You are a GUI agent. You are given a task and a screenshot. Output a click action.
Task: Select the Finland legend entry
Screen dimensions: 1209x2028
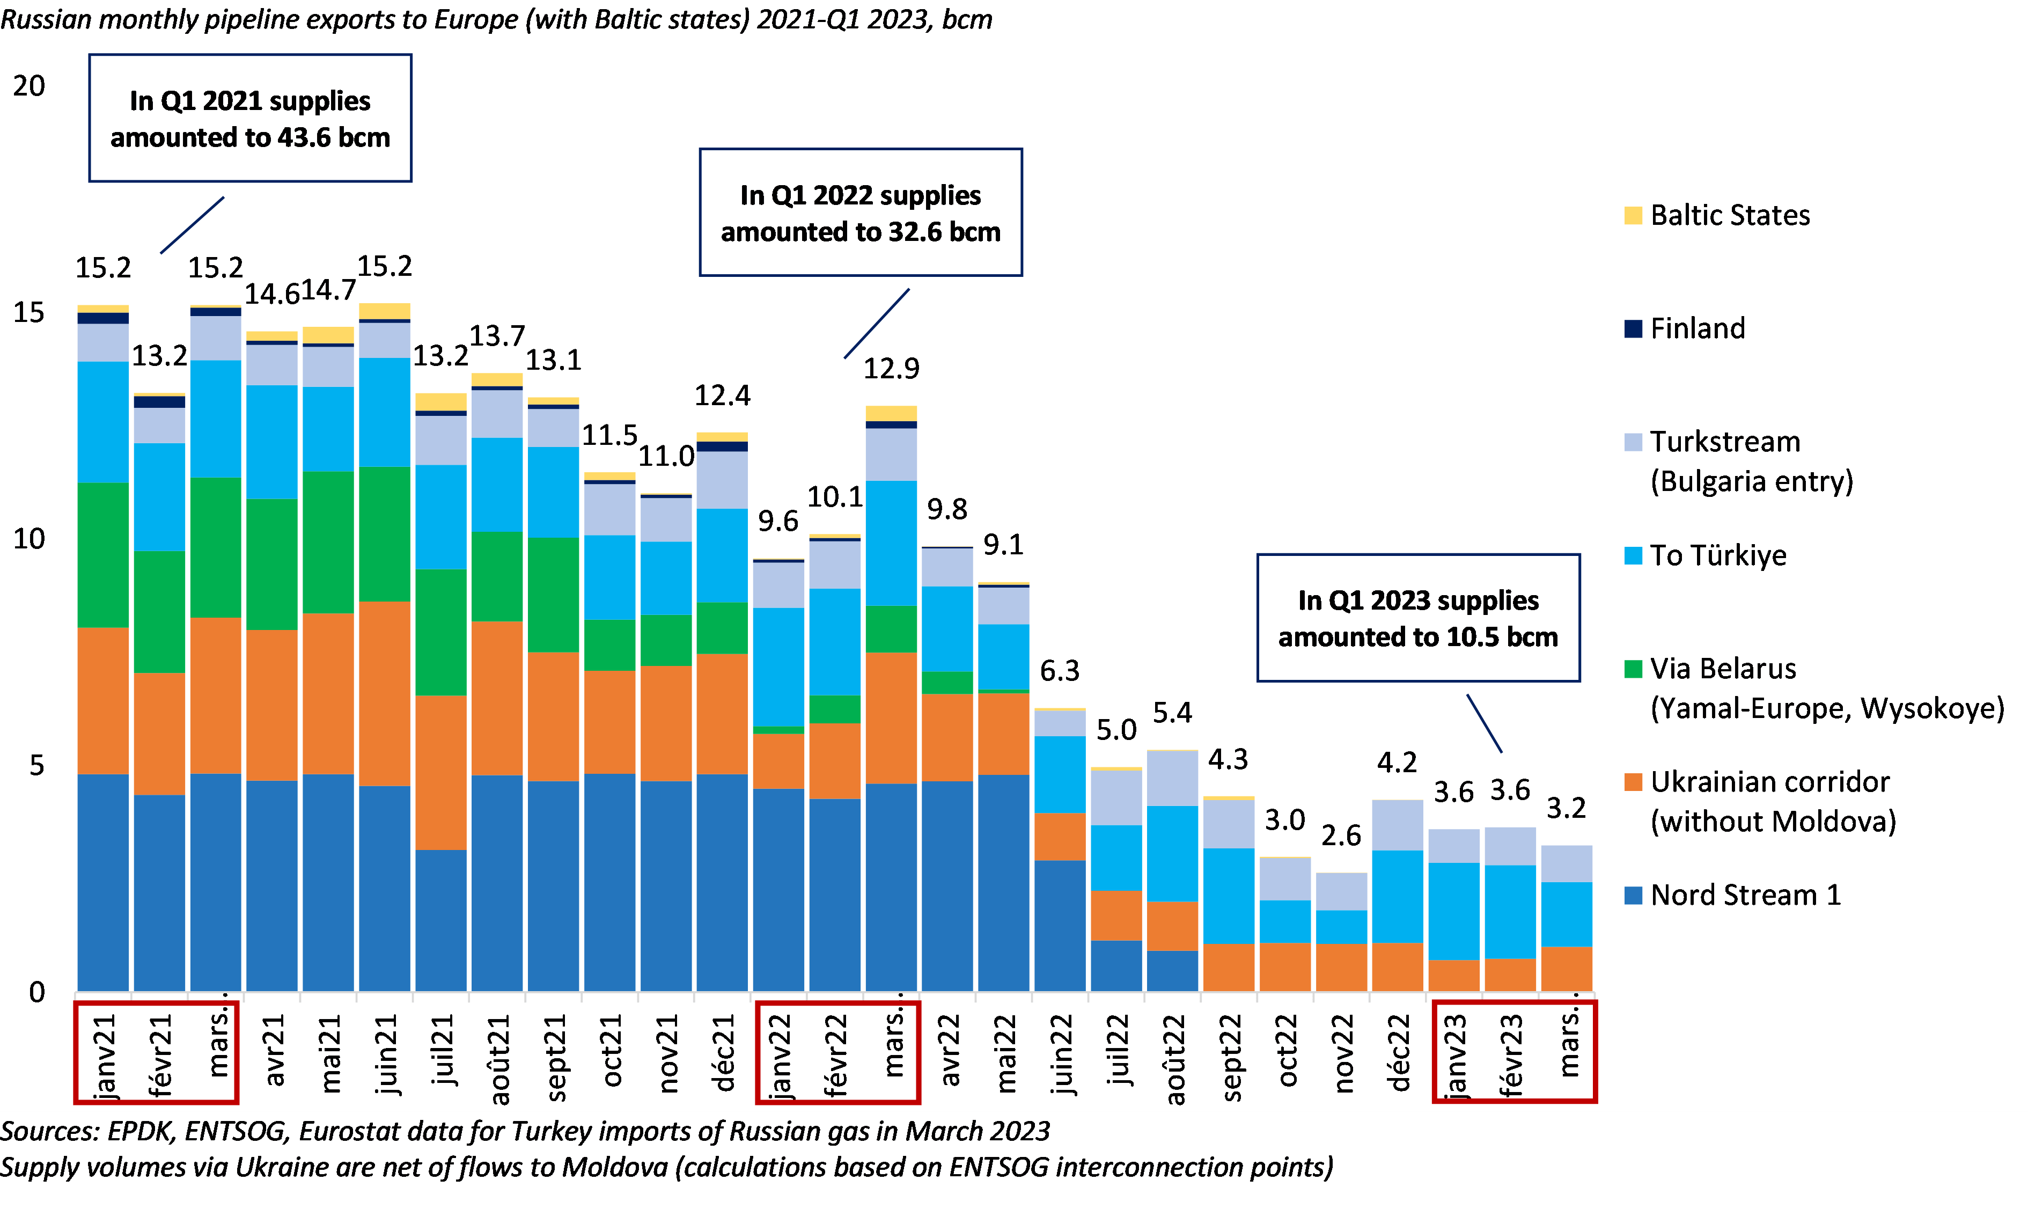pos(1698,328)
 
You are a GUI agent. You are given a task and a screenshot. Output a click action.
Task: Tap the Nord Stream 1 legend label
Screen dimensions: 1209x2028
pos(1745,895)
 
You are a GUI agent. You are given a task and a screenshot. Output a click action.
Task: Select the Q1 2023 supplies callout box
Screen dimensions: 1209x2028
pos(1418,618)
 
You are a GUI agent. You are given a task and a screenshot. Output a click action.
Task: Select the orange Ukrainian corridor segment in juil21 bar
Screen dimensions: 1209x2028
pos(440,772)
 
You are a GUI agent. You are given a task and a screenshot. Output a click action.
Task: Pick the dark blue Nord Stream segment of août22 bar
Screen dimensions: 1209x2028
pos(1172,971)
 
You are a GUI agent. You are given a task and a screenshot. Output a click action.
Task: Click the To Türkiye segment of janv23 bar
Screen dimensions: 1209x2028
pos(1454,911)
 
